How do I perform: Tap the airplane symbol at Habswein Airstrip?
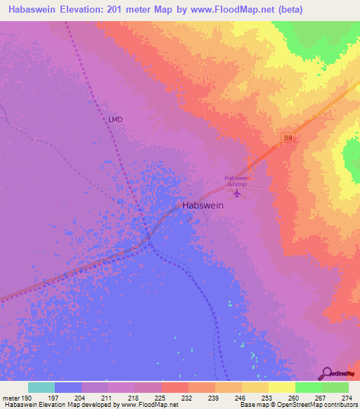click(x=237, y=192)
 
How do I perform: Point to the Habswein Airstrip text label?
click(x=237, y=181)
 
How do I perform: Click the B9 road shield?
click(x=288, y=140)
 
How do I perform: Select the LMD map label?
click(x=115, y=119)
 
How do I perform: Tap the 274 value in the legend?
click(x=345, y=397)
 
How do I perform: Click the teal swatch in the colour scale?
click(x=41, y=387)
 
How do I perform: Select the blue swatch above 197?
click(x=67, y=387)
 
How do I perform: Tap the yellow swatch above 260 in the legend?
click(x=281, y=387)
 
